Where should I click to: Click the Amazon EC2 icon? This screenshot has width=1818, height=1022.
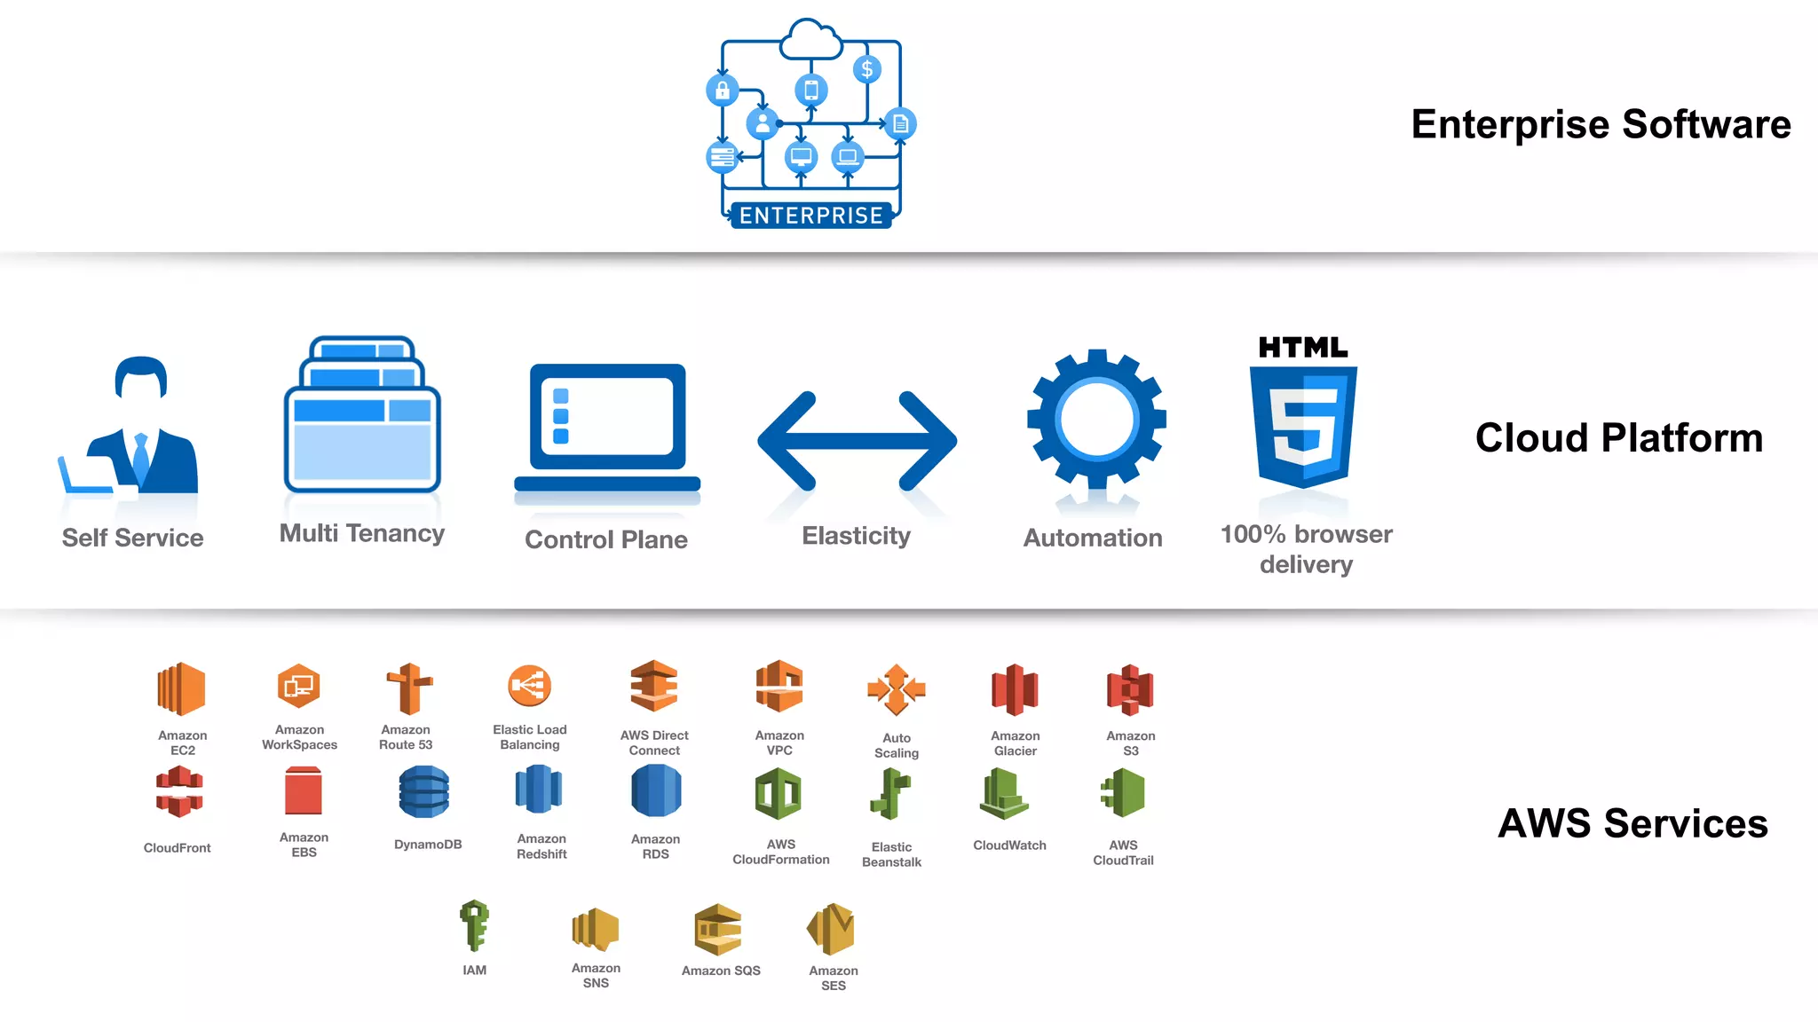181,689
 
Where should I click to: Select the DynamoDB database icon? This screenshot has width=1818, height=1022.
424,792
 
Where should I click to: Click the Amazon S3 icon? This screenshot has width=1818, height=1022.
1130,690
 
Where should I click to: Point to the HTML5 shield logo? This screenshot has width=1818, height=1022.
1303,426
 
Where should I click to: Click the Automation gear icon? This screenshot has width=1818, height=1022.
1096,420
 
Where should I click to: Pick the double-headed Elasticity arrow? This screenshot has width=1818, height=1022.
857,441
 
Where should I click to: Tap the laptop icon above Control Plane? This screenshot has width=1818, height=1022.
607,428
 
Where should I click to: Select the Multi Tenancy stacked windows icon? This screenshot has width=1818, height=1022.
362,415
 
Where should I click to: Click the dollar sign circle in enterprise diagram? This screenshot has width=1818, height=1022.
866,69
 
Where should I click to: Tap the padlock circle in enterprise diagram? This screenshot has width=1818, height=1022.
722,90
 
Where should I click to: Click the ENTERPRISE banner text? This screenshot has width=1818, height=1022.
810,216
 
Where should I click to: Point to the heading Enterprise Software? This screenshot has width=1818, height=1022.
1601,124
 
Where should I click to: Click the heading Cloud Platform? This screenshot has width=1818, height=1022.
1618,437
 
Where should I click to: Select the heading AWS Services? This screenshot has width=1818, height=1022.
1632,823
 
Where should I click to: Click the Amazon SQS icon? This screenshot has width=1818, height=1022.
717,930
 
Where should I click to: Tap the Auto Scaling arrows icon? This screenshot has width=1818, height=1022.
896,689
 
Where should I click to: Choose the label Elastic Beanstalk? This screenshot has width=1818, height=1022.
891,854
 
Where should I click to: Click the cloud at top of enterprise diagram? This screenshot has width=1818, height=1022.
810,40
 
